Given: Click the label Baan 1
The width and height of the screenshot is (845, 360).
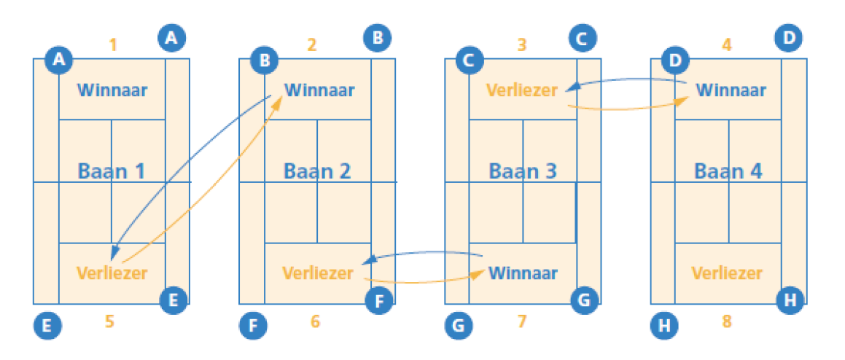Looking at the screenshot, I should (x=112, y=172).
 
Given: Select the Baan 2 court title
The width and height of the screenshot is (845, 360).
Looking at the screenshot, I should (x=317, y=172).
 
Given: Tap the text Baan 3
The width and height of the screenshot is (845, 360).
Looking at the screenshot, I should (x=523, y=172).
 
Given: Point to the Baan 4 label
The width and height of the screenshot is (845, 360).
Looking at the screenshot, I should (x=728, y=172).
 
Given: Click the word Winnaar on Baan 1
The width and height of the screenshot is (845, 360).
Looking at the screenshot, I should (x=112, y=91).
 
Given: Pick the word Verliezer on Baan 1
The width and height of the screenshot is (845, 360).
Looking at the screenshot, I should (x=112, y=273).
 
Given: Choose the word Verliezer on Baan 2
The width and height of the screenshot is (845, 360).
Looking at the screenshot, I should (x=317, y=273).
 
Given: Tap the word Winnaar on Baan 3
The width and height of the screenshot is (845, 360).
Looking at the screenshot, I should (x=523, y=273).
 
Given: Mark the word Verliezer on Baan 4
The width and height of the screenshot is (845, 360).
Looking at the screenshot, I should (x=727, y=273).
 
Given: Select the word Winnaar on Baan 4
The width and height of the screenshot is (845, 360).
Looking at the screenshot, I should (x=731, y=91).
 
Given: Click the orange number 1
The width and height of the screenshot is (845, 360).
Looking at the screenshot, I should (x=112, y=45).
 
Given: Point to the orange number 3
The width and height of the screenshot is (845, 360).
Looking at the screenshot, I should (x=521, y=45).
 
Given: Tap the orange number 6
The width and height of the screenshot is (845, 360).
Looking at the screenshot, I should (x=315, y=321).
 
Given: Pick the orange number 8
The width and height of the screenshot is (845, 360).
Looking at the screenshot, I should (x=726, y=321).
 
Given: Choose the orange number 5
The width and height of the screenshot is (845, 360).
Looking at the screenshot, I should (x=109, y=321).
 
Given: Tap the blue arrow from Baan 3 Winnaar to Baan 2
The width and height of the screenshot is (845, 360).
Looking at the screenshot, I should (x=423, y=252).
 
